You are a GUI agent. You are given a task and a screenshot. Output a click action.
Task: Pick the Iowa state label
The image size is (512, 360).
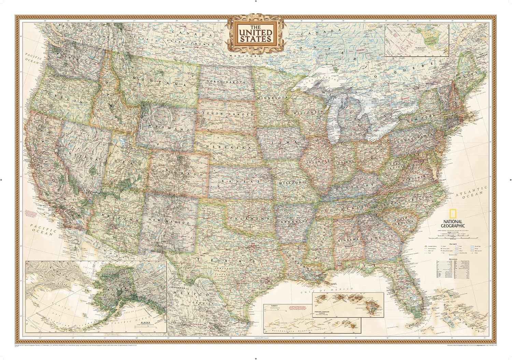point(283,140)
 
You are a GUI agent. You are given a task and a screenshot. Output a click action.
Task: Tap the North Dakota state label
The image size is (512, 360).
point(226,83)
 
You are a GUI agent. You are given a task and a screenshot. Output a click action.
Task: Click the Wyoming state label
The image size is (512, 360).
point(166,127)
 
